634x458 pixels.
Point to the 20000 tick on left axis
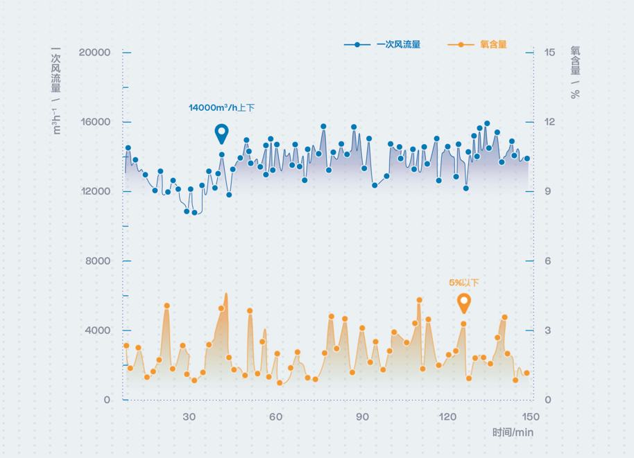pyautogui.click(x=95, y=53)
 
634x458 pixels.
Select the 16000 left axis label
pyautogui.click(x=95, y=122)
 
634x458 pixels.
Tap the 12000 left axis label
pyautogui.click(x=95, y=192)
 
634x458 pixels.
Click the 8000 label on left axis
pyautogui.click(x=98, y=261)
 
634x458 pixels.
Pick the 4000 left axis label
pyautogui.click(x=98, y=331)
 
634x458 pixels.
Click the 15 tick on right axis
pyautogui.click(x=549, y=53)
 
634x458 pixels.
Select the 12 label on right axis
pyautogui.click(x=549, y=122)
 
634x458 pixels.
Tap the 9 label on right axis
pyautogui.click(x=547, y=192)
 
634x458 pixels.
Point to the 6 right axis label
pyautogui.click(x=547, y=261)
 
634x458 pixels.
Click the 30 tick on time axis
pyautogui.click(x=189, y=416)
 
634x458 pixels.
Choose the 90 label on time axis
pyautogui.click(x=362, y=416)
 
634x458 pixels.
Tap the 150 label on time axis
pyautogui.click(x=531, y=416)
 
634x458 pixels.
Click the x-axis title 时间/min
pyautogui.click(x=513, y=432)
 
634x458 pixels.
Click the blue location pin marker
pyautogui.click(x=221, y=133)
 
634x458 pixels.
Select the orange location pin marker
pyautogui.click(x=464, y=302)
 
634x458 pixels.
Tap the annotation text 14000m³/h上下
pyautogui.click(x=221, y=108)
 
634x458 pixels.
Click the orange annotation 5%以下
pyautogui.click(x=464, y=283)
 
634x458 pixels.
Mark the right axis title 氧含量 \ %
pyautogui.click(x=575, y=72)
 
